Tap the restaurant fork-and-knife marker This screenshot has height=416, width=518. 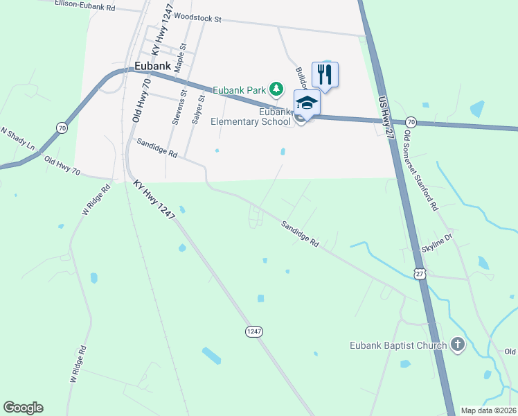point(325,73)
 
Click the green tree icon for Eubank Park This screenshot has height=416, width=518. point(276,89)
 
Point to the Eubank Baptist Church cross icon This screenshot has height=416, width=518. point(457,345)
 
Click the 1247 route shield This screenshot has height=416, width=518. point(254,332)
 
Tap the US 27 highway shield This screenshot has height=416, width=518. point(420,274)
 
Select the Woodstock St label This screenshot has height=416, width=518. point(197,19)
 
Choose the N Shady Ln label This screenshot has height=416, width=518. point(17,139)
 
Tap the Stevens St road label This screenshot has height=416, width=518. point(179,107)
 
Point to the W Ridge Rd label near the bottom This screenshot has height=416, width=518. point(76,365)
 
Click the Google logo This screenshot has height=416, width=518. point(23,408)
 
